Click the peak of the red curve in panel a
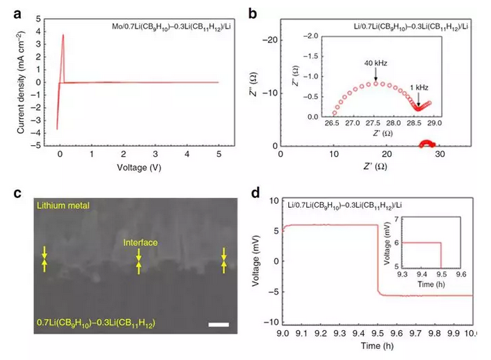click(x=63, y=35)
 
